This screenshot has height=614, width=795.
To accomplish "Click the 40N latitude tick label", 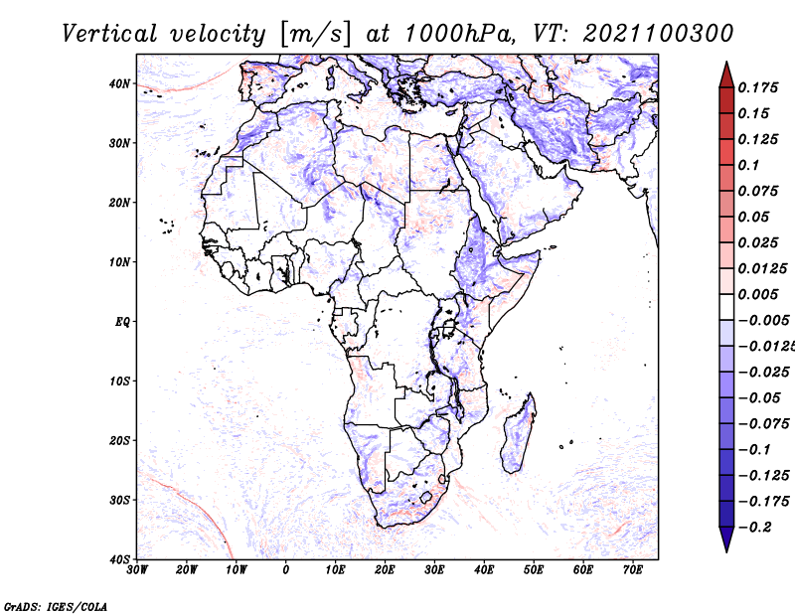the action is (x=119, y=83).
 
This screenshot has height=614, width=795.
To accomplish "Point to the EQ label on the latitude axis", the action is (x=122, y=322).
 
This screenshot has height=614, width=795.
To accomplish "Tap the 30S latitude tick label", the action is (x=119, y=500).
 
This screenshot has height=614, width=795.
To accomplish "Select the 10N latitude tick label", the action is (x=119, y=262).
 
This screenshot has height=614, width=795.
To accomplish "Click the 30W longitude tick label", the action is (x=137, y=570).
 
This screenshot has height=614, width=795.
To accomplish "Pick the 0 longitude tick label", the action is (x=286, y=570).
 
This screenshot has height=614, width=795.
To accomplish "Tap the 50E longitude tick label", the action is (x=534, y=570).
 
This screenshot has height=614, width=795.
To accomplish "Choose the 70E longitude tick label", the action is (x=633, y=570).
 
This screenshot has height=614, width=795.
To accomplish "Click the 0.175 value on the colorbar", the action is (x=757, y=87).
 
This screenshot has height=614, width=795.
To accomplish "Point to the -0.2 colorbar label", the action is (x=755, y=528).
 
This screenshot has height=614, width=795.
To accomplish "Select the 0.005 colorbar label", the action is (x=757, y=294).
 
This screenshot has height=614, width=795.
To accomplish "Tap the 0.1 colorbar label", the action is (x=748, y=165).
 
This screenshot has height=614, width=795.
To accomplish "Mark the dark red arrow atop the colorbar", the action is (x=726, y=76).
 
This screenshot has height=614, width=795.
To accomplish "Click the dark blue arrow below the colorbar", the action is (x=726, y=539).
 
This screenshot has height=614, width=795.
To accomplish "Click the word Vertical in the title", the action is (x=109, y=34).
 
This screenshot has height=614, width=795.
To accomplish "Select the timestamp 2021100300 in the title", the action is (x=658, y=34).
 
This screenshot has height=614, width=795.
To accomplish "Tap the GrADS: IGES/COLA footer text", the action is (x=56, y=606).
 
